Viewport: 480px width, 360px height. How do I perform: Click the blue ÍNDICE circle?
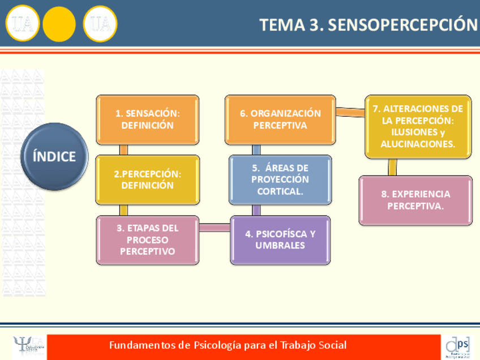click(54, 156)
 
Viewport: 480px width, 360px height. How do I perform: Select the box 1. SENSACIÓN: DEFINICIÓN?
click(147, 119)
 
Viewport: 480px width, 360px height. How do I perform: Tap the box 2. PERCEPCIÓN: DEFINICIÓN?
click(147, 179)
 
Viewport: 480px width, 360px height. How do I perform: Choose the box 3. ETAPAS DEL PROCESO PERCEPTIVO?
click(147, 240)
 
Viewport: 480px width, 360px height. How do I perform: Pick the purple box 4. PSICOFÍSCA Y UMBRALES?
click(280, 240)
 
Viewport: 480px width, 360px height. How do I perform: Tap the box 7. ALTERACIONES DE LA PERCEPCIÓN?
click(418, 126)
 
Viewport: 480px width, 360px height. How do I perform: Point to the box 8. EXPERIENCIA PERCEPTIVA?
click(415, 200)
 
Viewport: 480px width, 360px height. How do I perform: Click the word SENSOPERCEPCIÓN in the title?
click(403, 25)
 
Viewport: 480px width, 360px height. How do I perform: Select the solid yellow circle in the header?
click(59, 24)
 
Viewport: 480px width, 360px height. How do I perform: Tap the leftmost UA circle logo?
click(23, 24)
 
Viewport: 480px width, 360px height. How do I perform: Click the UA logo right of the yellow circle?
click(100, 24)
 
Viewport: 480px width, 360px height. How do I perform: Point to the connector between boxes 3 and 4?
click(215, 228)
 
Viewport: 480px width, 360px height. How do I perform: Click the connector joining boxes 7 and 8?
click(392, 167)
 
